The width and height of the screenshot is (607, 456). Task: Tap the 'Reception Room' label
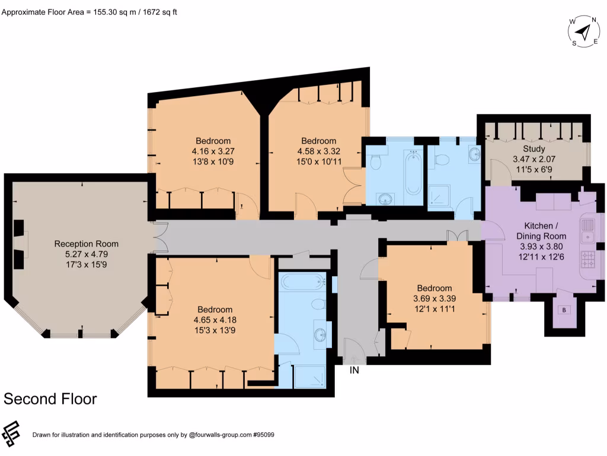[87, 243]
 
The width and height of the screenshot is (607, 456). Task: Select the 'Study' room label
[534, 148]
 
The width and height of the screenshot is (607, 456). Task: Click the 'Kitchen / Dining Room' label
[541, 231]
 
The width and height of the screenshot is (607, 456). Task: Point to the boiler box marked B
[564, 310]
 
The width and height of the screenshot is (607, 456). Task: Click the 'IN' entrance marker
[354, 370]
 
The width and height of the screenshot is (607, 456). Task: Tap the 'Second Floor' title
[50, 398]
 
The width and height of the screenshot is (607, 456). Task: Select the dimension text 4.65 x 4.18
[215, 320]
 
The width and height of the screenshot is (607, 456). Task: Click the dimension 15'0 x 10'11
[318, 161]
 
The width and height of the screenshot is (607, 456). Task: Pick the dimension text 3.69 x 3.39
[434, 299]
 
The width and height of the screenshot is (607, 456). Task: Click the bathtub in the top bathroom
[413, 173]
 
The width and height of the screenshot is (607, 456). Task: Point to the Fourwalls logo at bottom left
[11, 434]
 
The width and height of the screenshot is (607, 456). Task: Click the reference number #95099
[263, 435]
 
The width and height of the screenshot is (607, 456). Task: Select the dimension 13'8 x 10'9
[213, 161]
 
